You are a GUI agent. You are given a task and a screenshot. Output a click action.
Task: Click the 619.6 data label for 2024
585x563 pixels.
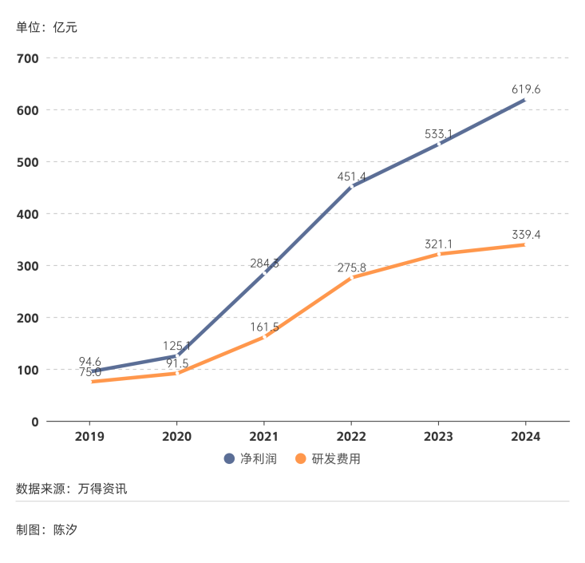click(x=526, y=89)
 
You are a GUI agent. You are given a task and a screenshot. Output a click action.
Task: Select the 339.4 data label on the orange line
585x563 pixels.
click(x=526, y=235)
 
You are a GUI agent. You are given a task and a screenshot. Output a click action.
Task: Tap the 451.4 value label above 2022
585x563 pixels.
click(x=352, y=176)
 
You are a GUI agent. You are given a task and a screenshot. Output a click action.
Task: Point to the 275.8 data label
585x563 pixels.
click(x=352, y=268)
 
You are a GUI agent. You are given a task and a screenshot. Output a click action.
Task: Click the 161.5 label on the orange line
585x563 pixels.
click(x=264, y=327)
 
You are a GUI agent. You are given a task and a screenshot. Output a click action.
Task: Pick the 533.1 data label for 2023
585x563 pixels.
click(x=439, y=134)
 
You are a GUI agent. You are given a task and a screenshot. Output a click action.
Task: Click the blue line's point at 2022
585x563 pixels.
click(x=351, y=187)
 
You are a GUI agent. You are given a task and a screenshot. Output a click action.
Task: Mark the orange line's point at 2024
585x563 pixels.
click(x=525, y=244)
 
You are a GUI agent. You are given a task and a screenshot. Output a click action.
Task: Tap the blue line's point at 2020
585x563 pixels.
click(x=177, y=355)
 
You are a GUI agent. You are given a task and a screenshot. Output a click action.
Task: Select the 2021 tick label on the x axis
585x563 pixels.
click(x=264, y=437)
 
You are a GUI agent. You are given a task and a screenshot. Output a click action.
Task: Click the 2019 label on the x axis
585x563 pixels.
click(x=89, y=437)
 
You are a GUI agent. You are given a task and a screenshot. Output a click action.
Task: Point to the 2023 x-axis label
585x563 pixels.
click(x=438, y=437)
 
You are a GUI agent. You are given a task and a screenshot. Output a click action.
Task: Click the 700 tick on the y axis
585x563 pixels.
click(x=28, y=58)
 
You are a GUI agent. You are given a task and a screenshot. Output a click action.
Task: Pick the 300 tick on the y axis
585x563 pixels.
click(x=28, y=266)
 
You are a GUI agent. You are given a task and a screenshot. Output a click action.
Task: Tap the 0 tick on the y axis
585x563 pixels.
click(x=34, y=422)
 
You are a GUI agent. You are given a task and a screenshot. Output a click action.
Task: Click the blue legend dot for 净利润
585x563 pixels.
click(x=228, y=459)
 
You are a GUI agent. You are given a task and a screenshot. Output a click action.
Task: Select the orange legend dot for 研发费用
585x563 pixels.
click(x=301, y=459)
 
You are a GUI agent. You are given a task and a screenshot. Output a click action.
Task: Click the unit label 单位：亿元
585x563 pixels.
click(x=46, y=27)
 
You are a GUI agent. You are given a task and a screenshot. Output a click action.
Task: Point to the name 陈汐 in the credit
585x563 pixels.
click(x=65, y=529)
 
